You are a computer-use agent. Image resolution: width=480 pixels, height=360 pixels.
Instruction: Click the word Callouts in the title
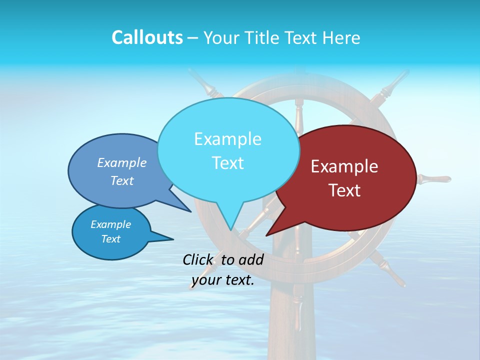[x=147, y=37]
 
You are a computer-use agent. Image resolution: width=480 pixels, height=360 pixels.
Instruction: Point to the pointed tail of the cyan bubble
[x=230, y=222]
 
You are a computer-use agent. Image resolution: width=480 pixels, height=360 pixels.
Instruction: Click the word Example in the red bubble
[x=344, y=166]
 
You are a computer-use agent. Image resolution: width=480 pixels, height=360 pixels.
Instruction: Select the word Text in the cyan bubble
[x=228, y=163]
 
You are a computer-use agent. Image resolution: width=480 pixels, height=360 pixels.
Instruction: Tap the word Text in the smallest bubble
[x=111, y=239]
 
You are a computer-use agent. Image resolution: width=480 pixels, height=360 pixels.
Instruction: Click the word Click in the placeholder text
[x=198, y=259]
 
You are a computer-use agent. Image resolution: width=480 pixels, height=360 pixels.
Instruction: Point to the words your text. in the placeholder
[x=223, y=280]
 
